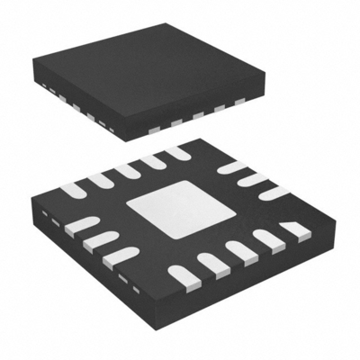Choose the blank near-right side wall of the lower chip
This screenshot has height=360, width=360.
(x=252, y=288)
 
